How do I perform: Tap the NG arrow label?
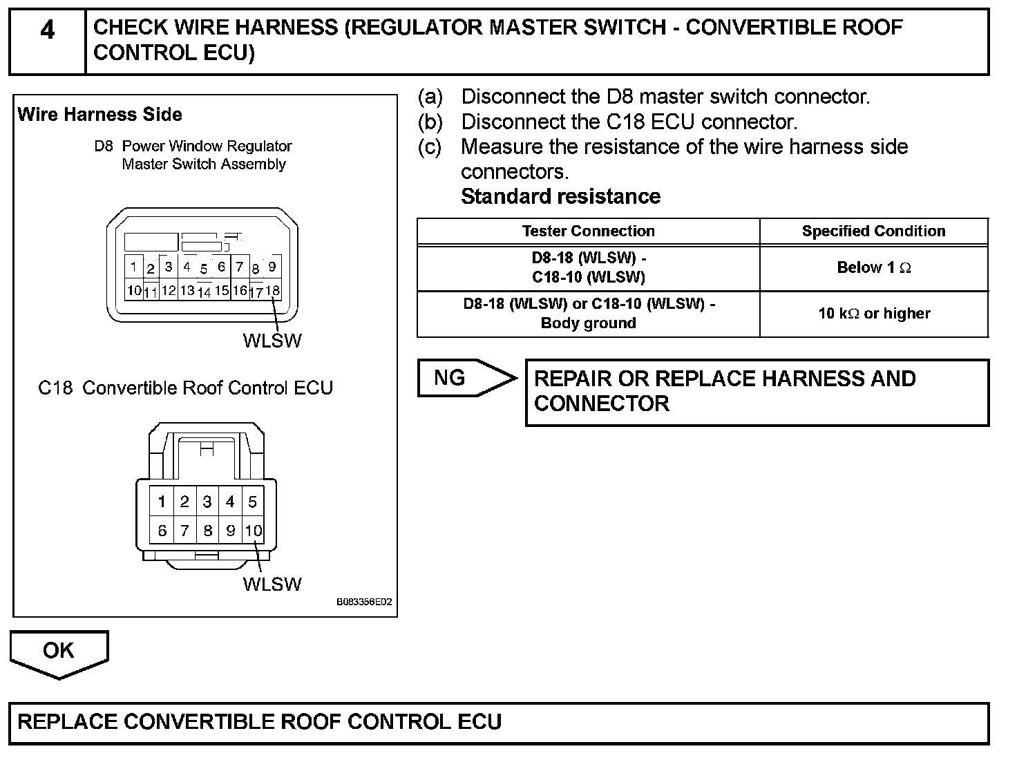(450, 378)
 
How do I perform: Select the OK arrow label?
(59, 651)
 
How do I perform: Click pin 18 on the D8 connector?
(273, 290)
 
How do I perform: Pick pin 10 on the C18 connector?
(254, 531)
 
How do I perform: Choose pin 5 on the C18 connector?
(253, 502)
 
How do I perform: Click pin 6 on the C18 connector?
(162, 531)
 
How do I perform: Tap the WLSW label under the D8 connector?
(272, 341)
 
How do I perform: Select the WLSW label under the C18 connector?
(272, 585)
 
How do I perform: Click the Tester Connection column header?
(588, 231)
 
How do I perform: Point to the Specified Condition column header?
(873, 231)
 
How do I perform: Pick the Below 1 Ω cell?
(873, 268)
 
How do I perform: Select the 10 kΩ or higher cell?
(873, 314)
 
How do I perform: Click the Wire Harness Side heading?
(100, 115)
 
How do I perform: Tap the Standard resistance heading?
(560, 197)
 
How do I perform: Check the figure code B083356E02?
(364, 602)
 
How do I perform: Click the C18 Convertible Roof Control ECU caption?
(185, 388)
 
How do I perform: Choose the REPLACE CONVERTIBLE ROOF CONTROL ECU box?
(499, 723)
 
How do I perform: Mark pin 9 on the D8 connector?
(272, 267)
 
